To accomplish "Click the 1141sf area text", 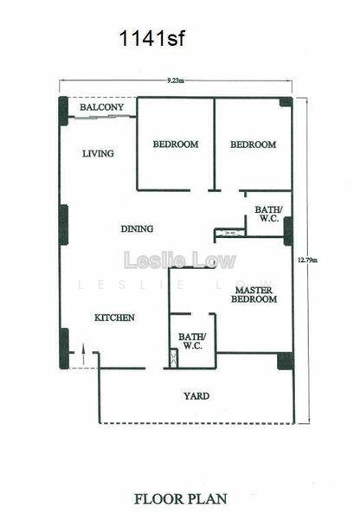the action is click(151, 38).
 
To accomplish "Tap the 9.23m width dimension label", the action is click(176, 80).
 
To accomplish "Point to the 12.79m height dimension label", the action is click(308, 259).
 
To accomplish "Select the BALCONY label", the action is click(101, 107).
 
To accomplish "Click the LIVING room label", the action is click(98, 154).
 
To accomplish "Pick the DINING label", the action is click(137, 228).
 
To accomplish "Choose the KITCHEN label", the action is click(114, 317).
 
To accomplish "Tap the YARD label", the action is click(196, 396).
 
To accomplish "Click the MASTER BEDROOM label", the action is click(254, 295).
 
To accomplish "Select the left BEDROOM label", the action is click(176, 144).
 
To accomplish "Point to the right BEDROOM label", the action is click(253, 144).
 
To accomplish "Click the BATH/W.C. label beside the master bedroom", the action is click(192, 342).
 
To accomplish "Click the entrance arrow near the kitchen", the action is click(83, 354).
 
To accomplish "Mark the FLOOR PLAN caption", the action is click(181, 499).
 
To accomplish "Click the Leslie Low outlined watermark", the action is click(180, 260).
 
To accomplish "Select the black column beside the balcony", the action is click(63, 111).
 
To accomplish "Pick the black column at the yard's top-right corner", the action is click(286, 361).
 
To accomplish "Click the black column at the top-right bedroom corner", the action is click(286, 102).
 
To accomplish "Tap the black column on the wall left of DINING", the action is click(63, 225).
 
